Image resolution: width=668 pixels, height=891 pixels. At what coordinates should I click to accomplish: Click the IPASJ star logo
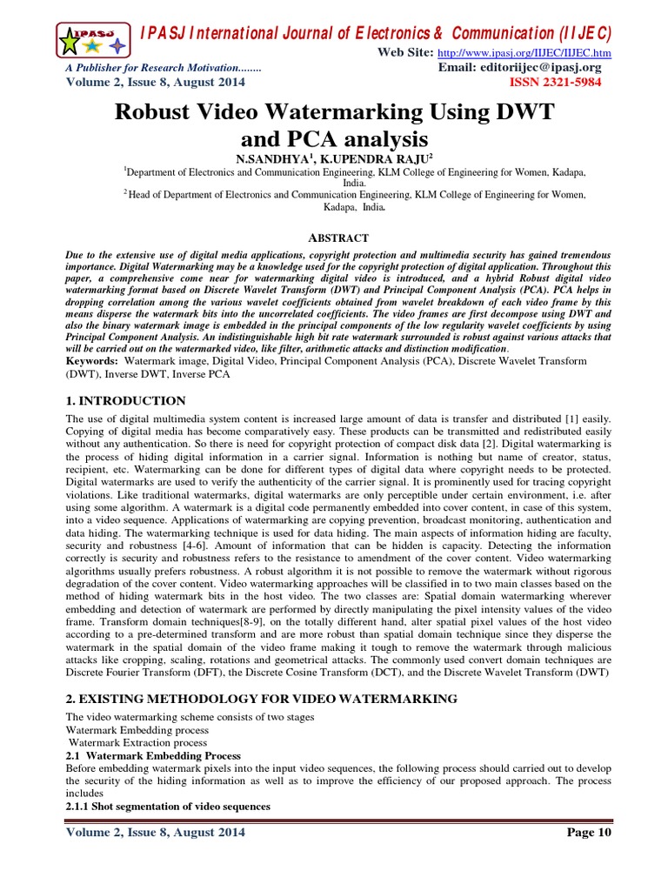coord(94,40)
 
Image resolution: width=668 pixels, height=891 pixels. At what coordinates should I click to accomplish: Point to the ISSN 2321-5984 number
coord(560,83)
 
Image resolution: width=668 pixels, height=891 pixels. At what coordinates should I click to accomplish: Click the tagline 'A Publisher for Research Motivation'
coord(164,68)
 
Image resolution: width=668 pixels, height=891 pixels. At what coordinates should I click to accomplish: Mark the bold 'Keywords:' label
coord(93,360)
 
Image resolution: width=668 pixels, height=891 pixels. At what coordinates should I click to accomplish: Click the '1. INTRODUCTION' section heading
coord(126,401)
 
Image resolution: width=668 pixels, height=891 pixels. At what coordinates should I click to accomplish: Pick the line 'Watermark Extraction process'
coord(137,743)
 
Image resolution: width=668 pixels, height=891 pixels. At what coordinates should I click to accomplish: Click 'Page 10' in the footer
coord(589,832)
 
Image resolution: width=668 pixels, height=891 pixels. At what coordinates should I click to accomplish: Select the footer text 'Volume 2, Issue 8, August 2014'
coord(156,832)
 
